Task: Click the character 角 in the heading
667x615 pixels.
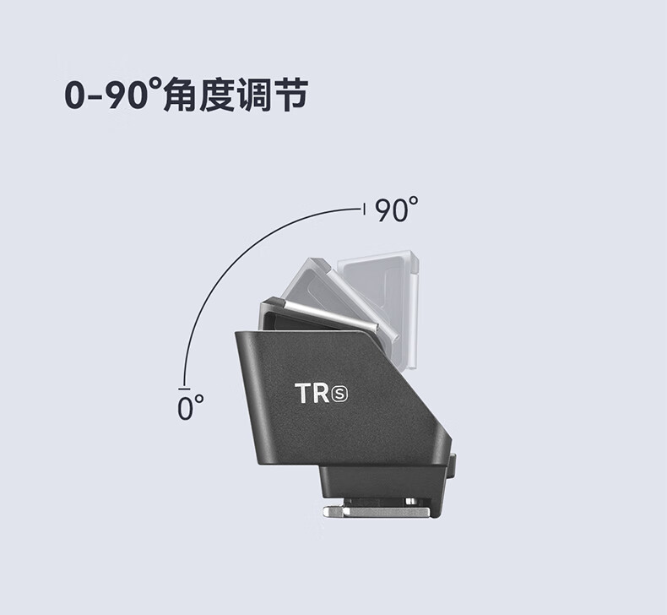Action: click(180, 95)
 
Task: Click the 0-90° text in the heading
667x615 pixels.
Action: click(111, 95)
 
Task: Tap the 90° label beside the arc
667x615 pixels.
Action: click(396, 210)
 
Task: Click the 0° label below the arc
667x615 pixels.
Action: click(190, 408)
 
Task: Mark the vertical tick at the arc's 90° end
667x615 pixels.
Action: click(363, 209)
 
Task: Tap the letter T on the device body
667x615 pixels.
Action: click(305, 393)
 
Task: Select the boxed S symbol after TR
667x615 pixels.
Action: click(342, 394)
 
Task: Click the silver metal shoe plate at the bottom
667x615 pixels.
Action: click(380, 509)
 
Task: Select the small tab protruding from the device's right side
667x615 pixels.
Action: click(453, 463)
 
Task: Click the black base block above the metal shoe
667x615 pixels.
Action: click(380, 482)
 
